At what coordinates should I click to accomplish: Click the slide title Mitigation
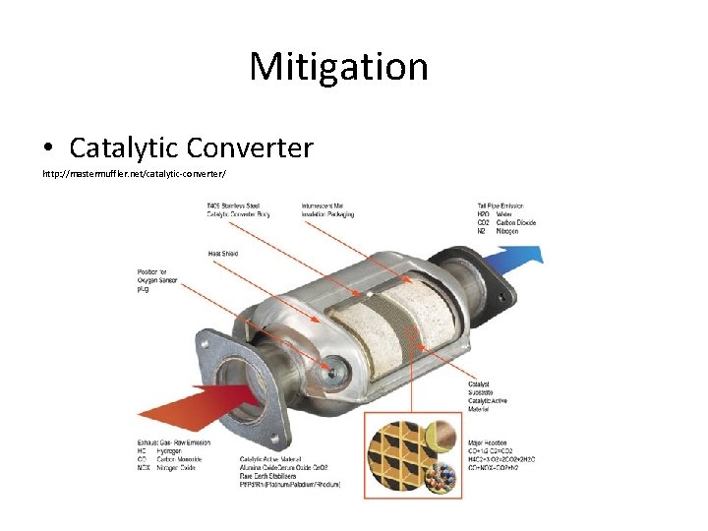click(338, 67)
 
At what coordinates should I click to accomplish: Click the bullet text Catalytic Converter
click(191, 147)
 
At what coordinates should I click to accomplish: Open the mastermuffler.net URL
click(134, 174)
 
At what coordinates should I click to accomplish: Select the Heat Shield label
click(222, 254)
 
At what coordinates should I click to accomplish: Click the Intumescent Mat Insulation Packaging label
click(327, 209)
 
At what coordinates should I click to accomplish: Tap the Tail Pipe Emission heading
click(501, 206)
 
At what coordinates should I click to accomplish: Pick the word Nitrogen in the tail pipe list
click(507, 232)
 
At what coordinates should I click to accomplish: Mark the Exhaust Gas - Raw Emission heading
click(174, 442)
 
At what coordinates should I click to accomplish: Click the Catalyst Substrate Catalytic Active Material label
click(491, 393)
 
